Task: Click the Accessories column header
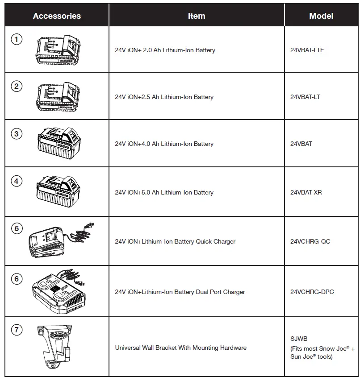pos(57,16)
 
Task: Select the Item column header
pos(196,16)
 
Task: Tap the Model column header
pos(321,16)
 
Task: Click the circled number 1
pos(17,39)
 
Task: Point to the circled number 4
pos(17,182)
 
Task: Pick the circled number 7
pos(17,330)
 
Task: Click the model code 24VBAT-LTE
pos(307,50)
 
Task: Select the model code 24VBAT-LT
pos(305,97)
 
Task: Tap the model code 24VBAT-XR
pos(306,193)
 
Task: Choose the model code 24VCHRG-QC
pos(310,242)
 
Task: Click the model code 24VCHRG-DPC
pos(312,292)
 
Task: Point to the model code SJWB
pos(298,339)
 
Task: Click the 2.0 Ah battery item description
pos(165,50)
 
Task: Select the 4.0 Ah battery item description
pos(164,144)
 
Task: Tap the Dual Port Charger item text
pos(180,292)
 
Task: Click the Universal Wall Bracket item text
pos(180,348)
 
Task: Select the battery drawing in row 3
pos(59,142)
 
